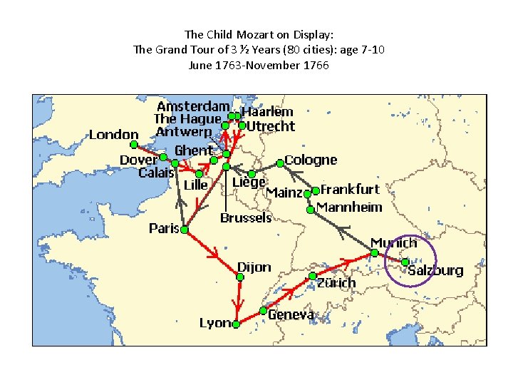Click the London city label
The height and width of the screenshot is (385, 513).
point(113,134)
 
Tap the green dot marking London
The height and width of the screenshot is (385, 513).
point(133,145)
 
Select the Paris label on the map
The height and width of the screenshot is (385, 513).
point(163,228)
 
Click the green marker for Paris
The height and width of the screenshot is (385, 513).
point(184,230)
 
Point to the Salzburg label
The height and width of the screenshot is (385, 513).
point(435,271)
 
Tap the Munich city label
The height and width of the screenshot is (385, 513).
point(393,243)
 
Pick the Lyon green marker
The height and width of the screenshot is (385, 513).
point(236,323)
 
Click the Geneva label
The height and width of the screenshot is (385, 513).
point(291,314)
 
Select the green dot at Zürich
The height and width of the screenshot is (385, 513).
point(312,276)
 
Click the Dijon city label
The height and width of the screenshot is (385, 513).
point(254,267)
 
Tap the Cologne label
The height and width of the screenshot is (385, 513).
point(311,160)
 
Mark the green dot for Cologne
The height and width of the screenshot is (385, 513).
point(280,163)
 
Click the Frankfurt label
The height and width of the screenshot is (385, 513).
point(350,190)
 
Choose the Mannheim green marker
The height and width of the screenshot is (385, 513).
point(311,209)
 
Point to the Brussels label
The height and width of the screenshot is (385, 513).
point(246,217)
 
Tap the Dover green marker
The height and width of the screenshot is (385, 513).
point(163,157)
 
